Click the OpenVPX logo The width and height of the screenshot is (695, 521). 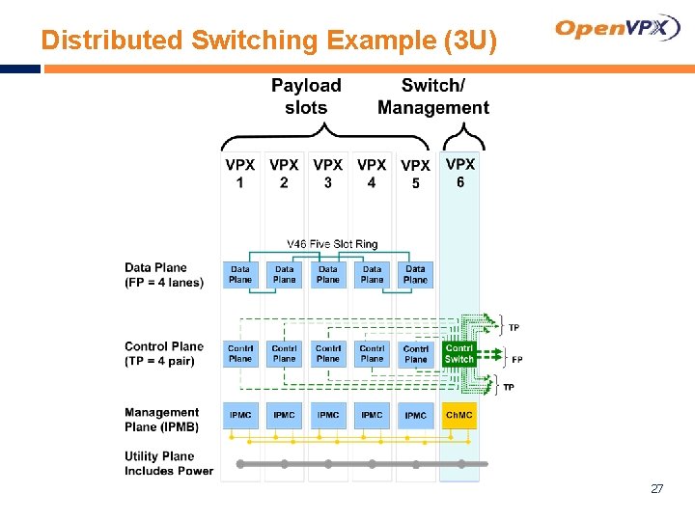618,28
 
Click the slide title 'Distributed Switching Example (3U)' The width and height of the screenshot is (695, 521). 269,41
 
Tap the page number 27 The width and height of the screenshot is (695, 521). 656,489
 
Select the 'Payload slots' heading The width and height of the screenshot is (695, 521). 306,96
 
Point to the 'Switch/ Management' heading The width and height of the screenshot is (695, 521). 432,96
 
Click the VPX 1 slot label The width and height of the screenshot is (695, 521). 239,174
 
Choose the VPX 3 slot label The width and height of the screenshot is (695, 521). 327,174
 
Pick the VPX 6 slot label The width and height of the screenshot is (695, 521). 459,173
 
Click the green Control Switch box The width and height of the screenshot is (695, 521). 459,353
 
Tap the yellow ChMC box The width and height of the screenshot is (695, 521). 459,415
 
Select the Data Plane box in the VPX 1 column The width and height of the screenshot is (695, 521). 240,275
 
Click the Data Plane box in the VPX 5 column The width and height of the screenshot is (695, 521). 415,275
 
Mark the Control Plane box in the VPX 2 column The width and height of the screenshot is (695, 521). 284,353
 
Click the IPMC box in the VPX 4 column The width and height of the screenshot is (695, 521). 372,415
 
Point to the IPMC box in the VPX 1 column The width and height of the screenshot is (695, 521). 240,415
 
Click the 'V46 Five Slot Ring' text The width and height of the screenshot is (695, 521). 332,244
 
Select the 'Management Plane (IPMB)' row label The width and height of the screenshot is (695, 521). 161,420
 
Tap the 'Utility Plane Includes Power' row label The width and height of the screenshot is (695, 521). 168,463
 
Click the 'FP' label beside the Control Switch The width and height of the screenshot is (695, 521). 517,360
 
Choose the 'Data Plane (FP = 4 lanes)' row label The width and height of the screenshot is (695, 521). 164,275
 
